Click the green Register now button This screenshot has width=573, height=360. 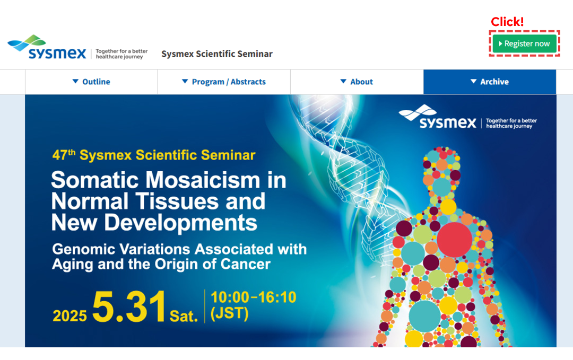tap(524, 43)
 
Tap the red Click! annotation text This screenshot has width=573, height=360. tap(507, 22)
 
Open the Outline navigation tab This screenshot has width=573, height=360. tap(91, 82)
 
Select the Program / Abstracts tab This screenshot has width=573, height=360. tap(224, 82)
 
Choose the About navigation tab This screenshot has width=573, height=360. tap(357, 82)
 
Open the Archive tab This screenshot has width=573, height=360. tap(490, 82)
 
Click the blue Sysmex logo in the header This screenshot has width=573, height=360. tap(47, 48)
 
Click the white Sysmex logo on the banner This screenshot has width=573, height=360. tap(437, 117)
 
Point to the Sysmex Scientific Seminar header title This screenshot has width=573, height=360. tap(217, 54)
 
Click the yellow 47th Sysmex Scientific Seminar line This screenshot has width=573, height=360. tap(154, 155)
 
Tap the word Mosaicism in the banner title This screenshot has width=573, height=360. tap(204, 180)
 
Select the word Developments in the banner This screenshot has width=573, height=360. tap(180, 222)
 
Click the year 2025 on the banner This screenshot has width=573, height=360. tap(70, 316)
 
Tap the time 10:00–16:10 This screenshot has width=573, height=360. tap(254, 297)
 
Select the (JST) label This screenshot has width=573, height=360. tap(230, 314)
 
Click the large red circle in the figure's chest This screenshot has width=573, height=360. tap(454, 240)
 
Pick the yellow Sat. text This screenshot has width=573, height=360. tap(184, 316)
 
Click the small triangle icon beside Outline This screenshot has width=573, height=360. tap(75, 82)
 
